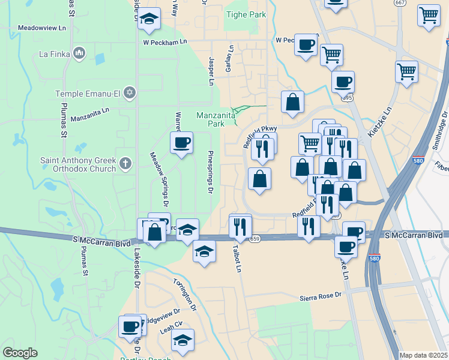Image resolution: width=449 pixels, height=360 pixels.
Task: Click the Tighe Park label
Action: coord(246,14)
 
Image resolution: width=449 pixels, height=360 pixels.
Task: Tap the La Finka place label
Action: coord(55,54)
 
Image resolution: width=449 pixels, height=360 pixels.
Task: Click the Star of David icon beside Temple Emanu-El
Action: coord(129,93)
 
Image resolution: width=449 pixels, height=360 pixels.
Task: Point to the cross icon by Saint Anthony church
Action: coord(125,163)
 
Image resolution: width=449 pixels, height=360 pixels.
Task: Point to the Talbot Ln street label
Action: coord(238,258)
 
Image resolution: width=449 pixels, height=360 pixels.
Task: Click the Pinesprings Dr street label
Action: coord(211,172)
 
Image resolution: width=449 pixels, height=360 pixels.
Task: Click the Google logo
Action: coord(20,353)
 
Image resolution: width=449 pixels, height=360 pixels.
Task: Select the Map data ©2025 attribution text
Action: coord(424,355)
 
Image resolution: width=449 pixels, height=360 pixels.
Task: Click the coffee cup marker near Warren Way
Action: coord(181,143)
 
